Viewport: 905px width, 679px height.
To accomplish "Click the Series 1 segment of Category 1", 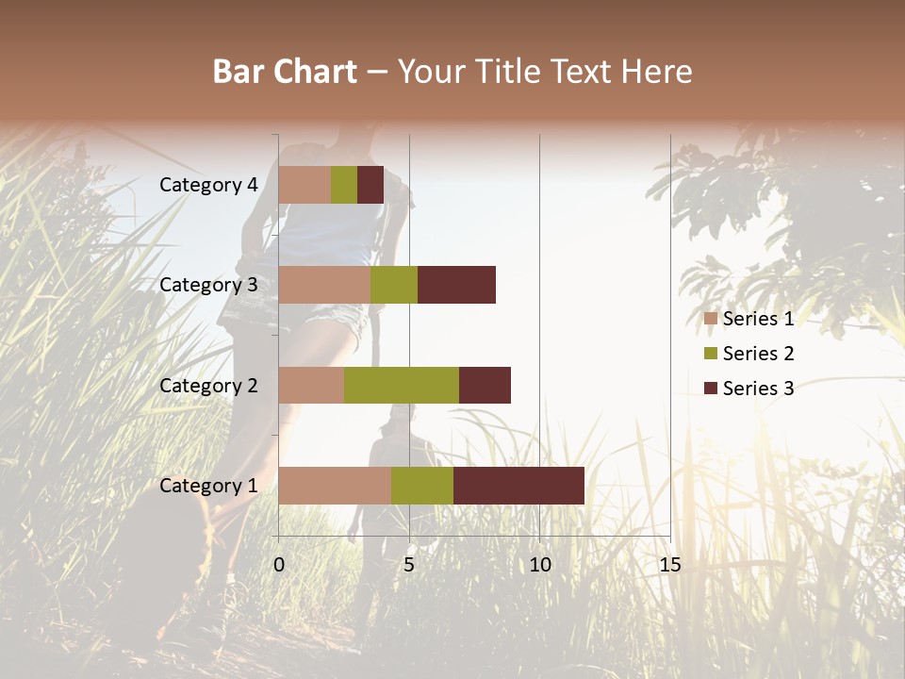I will pyautogui.click(x=335, y=485).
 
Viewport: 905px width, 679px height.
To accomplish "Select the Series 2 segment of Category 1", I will pyautogui.click(x=422, y=485).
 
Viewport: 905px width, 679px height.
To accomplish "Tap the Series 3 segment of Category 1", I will pyautogui.click(x=518, y=485).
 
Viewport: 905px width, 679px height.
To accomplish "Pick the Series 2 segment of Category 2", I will pyautogui.click(x=402, y=385).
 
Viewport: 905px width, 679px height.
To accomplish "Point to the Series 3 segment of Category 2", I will pyautogui.click(x=485, y=385).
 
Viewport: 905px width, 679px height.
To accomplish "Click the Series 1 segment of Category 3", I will pyautogui.click(x=324, y=285).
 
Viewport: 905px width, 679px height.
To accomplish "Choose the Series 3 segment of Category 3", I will pyautogui.click(x=456, y=285).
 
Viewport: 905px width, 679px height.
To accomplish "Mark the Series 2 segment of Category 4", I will pyautogui.click(x=344, y=185).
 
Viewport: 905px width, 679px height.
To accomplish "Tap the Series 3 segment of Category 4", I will pyautogui.click(x=370, y=185).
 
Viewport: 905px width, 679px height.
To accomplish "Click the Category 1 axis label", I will pyautogui.click(x=208, y=486).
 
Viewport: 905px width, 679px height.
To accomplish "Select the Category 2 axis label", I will pyautogui.click(x=208, y=386).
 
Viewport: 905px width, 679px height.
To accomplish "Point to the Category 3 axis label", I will pyautogui.click(x=208, y=285).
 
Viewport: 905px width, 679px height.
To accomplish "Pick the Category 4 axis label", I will pyautogui.click(x=208, y=185).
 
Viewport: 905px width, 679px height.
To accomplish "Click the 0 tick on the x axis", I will pyautogui.click(x=279, y=565).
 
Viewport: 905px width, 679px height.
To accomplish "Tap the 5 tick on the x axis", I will pyautogui.click(x=409, y=565).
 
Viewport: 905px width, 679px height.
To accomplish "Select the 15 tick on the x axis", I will pyautogui.click(x=669, y=565).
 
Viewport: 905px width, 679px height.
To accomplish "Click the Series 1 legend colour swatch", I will pyautogui.click(x=711, y=319).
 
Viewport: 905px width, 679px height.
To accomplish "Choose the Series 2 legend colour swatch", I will pyautogui.click(x=711, y=354).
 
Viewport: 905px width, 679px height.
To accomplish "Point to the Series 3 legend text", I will pyautogui.click(x=758, y=389).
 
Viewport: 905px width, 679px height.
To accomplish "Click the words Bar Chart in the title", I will pyautogui.click(x=285, y=72).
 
